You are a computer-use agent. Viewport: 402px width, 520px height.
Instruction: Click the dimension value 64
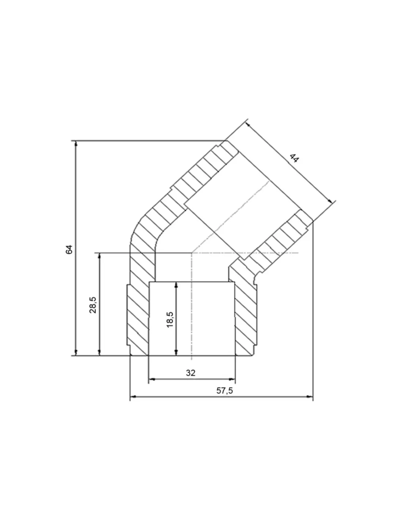click(x=69, y=249)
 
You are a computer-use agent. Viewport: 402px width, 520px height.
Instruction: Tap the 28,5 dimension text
click(x=93, y=305)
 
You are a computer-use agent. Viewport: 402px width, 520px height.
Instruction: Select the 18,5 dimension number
click(x=170, y=320)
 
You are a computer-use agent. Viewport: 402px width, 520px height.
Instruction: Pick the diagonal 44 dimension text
click(x=294, y=158)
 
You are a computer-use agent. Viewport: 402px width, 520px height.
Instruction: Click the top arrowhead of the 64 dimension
click(x=76, y=143)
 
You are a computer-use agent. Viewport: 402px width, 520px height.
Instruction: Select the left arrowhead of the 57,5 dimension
click(x=133, y=397)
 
